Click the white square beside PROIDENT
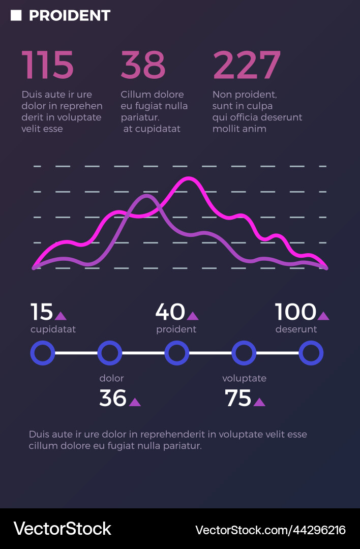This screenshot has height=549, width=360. [x=16, y=16]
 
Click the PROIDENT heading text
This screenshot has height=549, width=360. [x=70, y=16]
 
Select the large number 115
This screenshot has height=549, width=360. [x=48, y=65]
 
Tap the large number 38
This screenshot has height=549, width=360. [x=143, y=65]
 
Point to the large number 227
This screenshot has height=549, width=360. [x=247, y=65]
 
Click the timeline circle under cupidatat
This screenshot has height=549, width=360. [x=43, y=353]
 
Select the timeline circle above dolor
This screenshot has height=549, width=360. [x=110, y=353]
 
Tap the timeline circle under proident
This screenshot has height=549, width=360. [x=177, y=353]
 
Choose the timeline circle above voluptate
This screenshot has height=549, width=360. [x=244, y=353]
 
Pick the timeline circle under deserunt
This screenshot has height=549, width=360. [x=311, y=353]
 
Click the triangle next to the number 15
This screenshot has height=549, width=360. [x=61, y=316]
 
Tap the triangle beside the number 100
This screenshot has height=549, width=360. [x=323, y=316]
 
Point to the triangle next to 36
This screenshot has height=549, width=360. [x=135, y=402]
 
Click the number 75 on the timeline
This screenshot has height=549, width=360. [x=238, y=399]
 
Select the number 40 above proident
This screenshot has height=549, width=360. [x=170, y=312]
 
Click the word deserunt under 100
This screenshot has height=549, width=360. [x=296, y=329]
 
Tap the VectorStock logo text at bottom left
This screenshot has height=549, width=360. [x=62, y=529]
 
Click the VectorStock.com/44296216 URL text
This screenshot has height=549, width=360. [x=271, y=530]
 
